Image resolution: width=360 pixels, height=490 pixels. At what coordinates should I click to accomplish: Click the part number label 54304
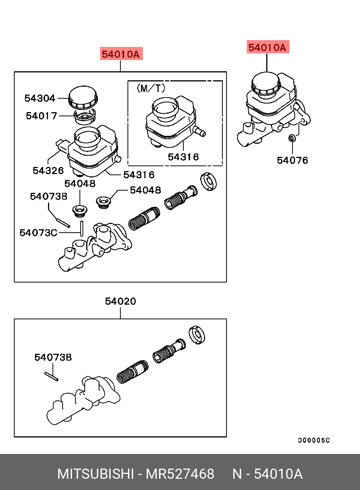[40, 98]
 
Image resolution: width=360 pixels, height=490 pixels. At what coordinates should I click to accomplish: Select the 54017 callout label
[41, 116]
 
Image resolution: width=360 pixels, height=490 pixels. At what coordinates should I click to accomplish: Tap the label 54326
[48, 171]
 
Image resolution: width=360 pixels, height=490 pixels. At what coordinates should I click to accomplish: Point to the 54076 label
[292, 161]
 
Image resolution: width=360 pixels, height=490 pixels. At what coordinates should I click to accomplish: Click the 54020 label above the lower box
[120, 301]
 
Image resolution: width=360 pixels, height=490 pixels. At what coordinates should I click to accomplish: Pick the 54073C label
[38, 233]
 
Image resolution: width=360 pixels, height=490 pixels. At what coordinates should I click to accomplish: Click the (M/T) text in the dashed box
[151, 89]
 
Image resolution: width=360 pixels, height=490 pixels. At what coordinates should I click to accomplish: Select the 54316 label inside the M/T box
[183, 157]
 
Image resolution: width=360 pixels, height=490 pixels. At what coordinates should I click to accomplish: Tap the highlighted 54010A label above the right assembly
[267, 48]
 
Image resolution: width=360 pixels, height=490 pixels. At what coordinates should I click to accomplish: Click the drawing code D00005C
[314, 440]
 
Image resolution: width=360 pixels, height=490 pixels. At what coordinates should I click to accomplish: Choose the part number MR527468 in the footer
[180, 474]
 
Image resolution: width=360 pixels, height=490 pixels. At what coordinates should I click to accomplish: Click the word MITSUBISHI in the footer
[95, 474]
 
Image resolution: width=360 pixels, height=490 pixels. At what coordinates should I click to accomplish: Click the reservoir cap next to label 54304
[83, 96]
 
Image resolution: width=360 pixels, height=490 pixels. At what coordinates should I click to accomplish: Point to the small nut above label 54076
[292, 139]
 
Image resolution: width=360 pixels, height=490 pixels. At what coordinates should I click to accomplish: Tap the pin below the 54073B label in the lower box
[51, 376]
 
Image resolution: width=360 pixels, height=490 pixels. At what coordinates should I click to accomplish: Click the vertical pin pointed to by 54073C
[81, 228]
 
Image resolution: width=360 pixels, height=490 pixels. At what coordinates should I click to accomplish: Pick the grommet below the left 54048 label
[79, 211]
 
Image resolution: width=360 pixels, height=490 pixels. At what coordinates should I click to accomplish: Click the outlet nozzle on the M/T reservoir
[199, 131]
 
